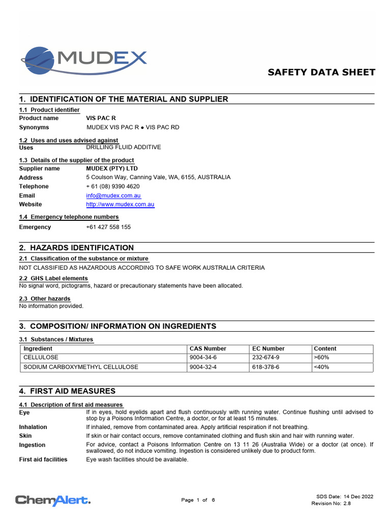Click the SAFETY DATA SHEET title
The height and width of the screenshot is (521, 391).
pos(321,72)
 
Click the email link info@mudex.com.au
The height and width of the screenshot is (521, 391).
pos(114,195)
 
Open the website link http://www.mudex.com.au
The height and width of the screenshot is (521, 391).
pos(120,205)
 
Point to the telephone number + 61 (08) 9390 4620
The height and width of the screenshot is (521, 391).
pos(113,186)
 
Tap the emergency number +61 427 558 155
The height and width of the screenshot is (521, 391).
pos(108,227)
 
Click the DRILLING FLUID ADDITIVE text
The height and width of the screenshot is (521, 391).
pos(124,147)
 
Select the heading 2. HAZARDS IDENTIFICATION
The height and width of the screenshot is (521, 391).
pos(76,248)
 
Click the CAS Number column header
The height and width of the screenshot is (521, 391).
pos(208,349)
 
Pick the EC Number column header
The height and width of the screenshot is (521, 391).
pos(268,349)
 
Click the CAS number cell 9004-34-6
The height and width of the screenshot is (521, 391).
pos(203,358)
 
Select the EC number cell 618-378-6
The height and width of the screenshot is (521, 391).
pos(266,367)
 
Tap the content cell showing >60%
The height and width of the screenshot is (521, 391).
pos(322,358)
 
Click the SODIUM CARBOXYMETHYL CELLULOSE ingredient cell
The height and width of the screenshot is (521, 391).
pos(81,367)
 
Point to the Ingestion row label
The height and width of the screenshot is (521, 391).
pos(33,445)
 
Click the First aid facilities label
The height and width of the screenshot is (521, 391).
pos(43,459)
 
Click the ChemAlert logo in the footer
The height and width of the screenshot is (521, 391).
pos(53,500)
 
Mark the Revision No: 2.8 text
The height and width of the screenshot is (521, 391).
pos(331,503)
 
